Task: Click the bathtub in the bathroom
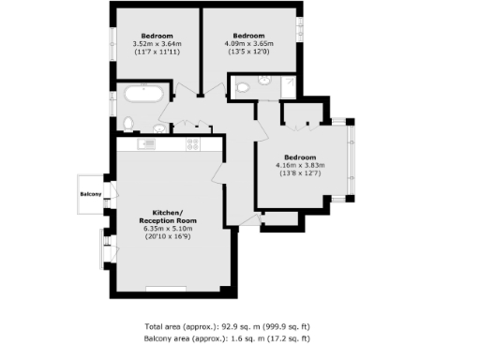142,95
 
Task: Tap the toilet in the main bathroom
128,123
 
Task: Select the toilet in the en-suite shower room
242,88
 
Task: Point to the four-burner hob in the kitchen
194,144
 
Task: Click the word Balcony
92,194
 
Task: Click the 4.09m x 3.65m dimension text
249,42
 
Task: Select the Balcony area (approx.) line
228,337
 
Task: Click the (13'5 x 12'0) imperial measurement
249,51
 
